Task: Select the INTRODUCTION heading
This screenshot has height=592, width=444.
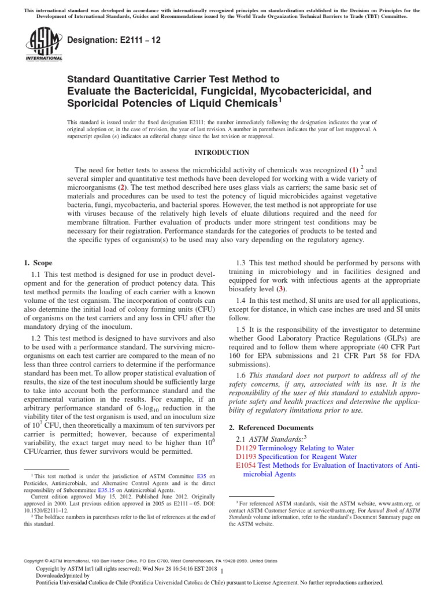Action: tap(221, 153)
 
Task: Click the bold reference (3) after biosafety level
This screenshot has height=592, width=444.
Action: tap(281, 288)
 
